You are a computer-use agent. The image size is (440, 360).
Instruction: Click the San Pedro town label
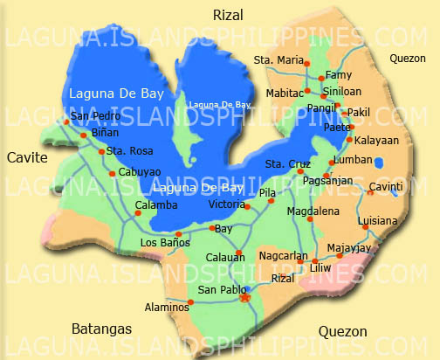point(93,116)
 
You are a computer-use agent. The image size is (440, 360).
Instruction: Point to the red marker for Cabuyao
point(112,173)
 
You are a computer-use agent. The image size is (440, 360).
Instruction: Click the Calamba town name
point(156,205)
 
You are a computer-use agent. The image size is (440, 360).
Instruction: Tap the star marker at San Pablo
point(244,298)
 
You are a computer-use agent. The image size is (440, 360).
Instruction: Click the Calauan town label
point(225,256)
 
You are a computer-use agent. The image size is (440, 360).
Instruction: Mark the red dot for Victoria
point(247,207)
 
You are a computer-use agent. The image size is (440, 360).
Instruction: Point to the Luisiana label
point(377,221)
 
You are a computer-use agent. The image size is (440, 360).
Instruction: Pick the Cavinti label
point(386,187)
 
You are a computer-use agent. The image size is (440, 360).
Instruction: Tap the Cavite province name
point(26,157)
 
